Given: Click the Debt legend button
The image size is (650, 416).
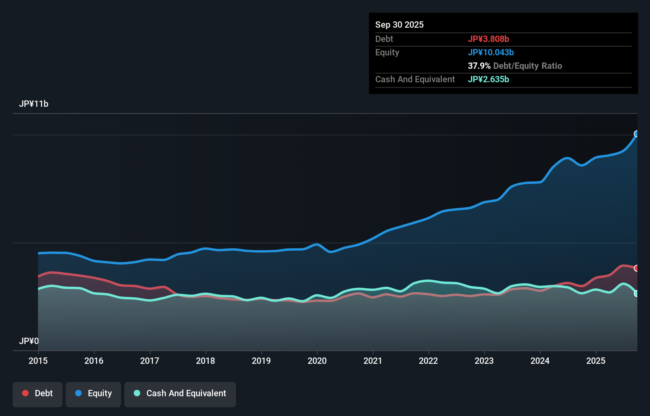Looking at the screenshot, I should pyautogui.click(x=38, y=393).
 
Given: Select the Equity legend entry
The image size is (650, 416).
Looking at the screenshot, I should pyautogui.click(x=93, y=393).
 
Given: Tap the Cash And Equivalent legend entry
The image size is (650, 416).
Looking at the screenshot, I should pyautogui.click(x=180, y=393).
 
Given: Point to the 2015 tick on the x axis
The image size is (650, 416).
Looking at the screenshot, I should pyautogui.click(x=38, y=361).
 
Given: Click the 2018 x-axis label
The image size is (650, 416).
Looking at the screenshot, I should pyautogui.click(x=205, y=361).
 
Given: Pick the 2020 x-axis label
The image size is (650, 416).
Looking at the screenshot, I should pyautogui.click(x=317, y=361).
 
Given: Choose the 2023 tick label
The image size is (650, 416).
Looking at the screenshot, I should pyautogui.click(x=484, y=361).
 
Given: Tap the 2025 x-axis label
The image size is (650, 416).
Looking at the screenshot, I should pyautogui.click(x=596, y=361).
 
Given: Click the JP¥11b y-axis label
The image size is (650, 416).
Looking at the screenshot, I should pyautogui.click(x=34, y=104).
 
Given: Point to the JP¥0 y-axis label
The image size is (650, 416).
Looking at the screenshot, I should pyautogui.click(x=29, y=341).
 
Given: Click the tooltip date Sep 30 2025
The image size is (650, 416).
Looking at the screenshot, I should pyautogui.click(x=399, y=25).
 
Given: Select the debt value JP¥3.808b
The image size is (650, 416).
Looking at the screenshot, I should pyautogui.click(x=488, y=39).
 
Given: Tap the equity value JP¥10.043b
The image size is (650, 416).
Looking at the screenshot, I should pyautogui.click(x=491, y=52).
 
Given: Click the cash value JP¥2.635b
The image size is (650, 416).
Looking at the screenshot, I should pyautogui.click(x=488, y=79).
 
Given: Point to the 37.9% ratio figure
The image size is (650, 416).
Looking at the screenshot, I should pyautogui.click(x=479, y=66).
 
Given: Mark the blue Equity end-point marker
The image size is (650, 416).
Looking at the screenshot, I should pyautogui.click(x=637, y=134).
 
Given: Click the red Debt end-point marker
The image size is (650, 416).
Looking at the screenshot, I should pyautogui.click(x=637, y=268).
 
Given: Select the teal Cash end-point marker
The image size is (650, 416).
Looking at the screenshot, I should pyautogui.click(x=637, y=293).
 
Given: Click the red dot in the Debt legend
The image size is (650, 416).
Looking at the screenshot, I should pyautogui.click(x=25, y=393).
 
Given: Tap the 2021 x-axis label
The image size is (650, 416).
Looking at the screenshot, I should pyautogui.click(x=373, y=361).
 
